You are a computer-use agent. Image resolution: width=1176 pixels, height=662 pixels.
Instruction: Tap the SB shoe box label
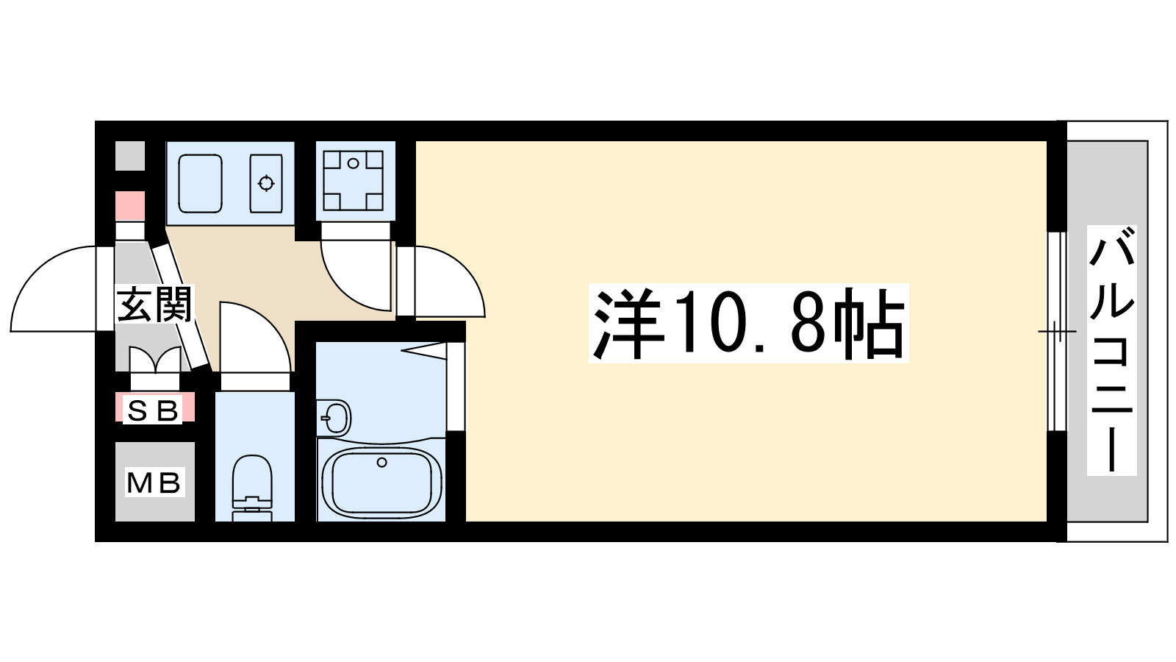(154, 410)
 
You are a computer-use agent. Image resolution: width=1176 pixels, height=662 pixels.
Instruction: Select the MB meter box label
(154, 483)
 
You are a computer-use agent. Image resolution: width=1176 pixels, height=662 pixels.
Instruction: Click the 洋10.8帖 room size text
(749, 323)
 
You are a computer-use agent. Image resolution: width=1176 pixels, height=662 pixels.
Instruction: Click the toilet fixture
(252, 485)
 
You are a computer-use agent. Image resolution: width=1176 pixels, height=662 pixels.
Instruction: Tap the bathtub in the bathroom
(381, 482)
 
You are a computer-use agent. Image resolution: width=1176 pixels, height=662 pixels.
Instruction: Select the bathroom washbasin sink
(334, 419)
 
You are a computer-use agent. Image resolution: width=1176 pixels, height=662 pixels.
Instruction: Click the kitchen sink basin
(200, 183)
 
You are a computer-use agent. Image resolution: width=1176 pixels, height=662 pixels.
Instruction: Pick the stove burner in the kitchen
(266, 183)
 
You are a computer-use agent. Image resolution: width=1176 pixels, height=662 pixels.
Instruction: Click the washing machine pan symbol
(354, 180)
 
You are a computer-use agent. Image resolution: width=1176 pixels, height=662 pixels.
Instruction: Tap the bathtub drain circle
(381, 462)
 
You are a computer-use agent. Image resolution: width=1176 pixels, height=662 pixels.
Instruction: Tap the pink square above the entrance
(130, 206)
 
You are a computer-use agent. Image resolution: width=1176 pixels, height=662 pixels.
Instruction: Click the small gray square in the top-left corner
(130, 156)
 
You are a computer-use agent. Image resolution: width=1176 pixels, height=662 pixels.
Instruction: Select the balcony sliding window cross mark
(1056, 332)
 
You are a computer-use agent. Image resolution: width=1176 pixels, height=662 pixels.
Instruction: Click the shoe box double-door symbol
(154, 360)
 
